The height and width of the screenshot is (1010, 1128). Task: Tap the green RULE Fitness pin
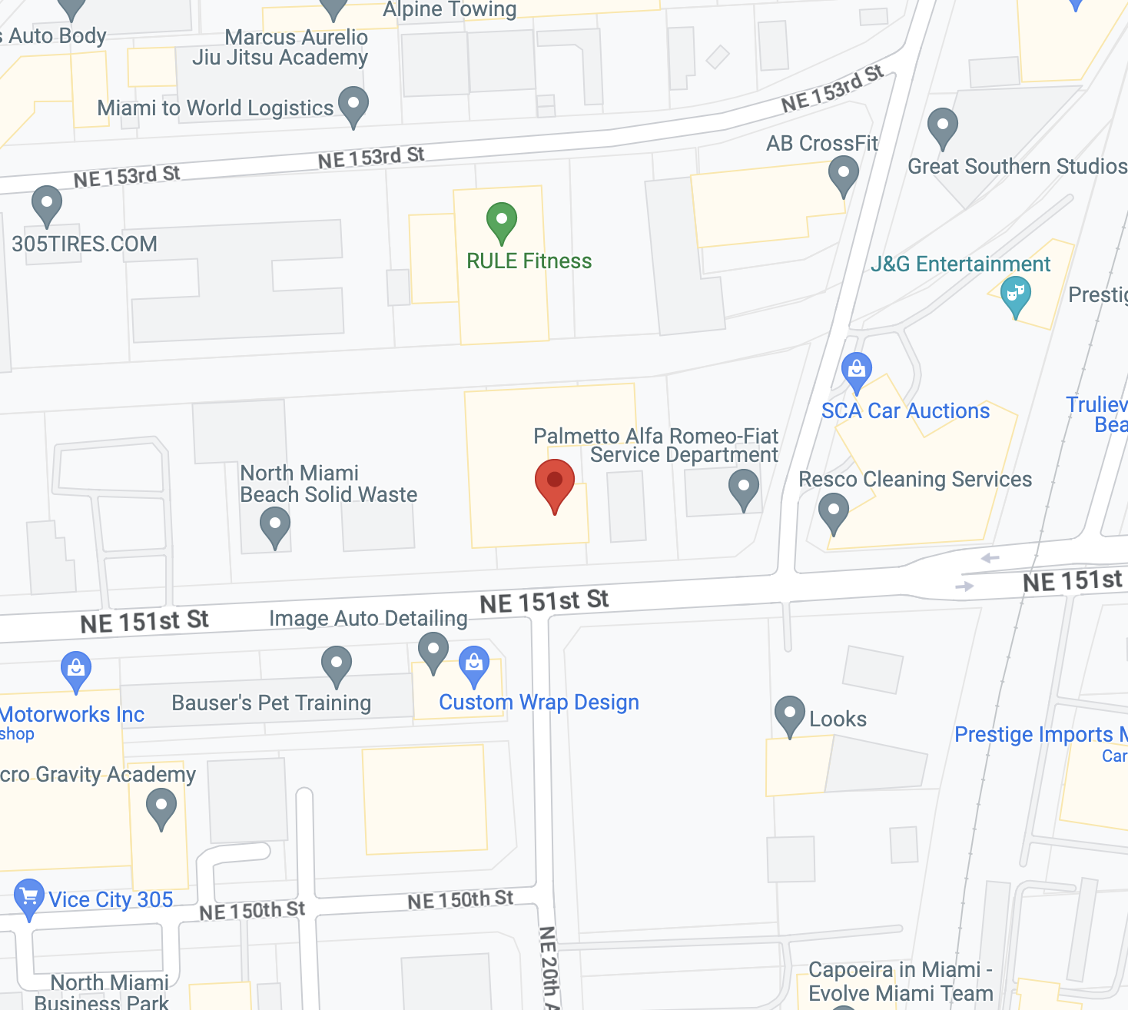pyautogui.click(x=502, y=221)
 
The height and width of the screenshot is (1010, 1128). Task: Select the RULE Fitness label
pyautogui.click(x=529, y=261)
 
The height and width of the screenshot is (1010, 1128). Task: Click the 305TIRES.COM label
pyautogui.click(x=85, y=244)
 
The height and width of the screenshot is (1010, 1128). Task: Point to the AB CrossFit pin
pyautogui.click(x=843, y=174)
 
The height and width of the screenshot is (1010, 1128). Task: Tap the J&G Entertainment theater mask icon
pyautogui.click(x=1015, y=294)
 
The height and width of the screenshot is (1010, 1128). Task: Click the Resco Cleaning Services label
pyautogui.click(x=915, y=480)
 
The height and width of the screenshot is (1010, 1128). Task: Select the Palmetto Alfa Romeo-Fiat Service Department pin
pyautogui.click(x=743, y=487)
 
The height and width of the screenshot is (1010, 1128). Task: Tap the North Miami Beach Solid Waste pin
pyautogui.click(x=274, y=526)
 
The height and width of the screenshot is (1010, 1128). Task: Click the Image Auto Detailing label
pyautogui.click(x=368, y=619)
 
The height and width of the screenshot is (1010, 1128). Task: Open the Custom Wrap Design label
pyautogui.click(x=539, y=703)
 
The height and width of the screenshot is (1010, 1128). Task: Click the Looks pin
pyautogui.click(x=789, y=714)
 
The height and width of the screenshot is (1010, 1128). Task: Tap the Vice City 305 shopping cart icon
pyautogui.click(x=29, y=897)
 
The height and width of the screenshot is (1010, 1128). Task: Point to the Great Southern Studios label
pyautogui.click(x=1017, y=167)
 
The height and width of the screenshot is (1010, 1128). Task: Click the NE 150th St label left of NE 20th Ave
pyautogui.click(x=459, y=900)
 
